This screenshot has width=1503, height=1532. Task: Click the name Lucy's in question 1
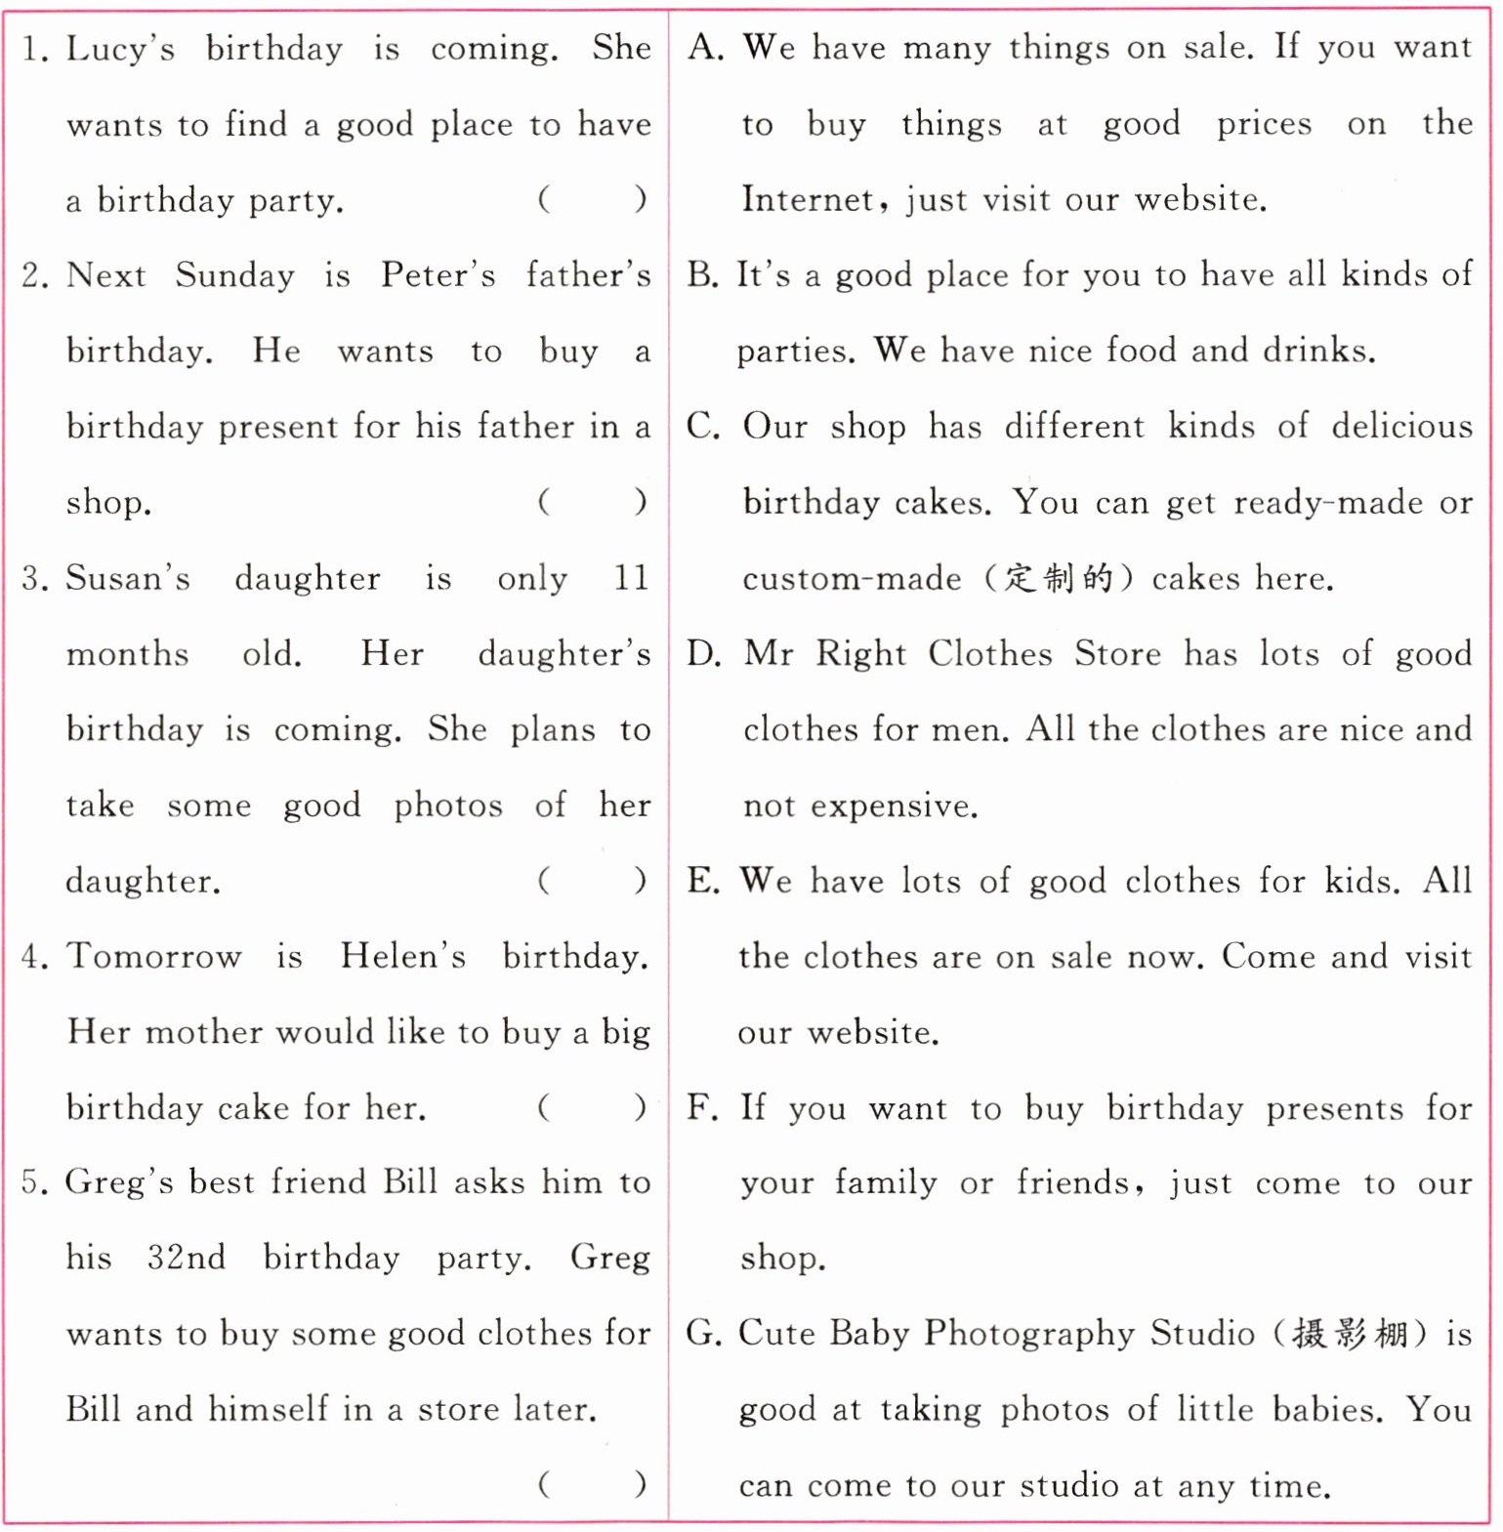pyautogui.click(x=120, y=49)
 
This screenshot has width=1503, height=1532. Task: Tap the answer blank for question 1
pyautogui.click(x=592, y=200)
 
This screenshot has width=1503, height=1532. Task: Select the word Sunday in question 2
pyautogui.click(x=234, y=275)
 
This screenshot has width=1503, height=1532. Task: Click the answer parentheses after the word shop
pyautogui.click(x=592, y=503)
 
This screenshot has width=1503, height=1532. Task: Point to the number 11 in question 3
pyautogui.click(x=631, y=578)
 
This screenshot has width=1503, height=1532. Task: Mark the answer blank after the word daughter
pyautogui.click(x=592, y=882)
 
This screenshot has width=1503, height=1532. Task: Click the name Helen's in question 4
pyautogui.click(x=402, y=956)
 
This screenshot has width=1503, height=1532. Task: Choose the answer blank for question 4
pyautogui.click(x=592, y=1108)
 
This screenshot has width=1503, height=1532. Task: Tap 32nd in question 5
pyautogui.click(x=186, y=1258)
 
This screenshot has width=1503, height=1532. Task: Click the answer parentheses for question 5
pyautogui.click(x=592, y=1485)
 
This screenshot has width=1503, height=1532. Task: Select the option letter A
pyautogui.click(x=704, y=48)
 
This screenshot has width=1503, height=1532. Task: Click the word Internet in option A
pyautogui.click(x=807, y=200)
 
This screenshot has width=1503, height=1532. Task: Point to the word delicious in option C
pyautogui.click(x=1401, y=427)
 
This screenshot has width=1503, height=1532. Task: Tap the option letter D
pyautogui.click(x=703, y=654)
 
